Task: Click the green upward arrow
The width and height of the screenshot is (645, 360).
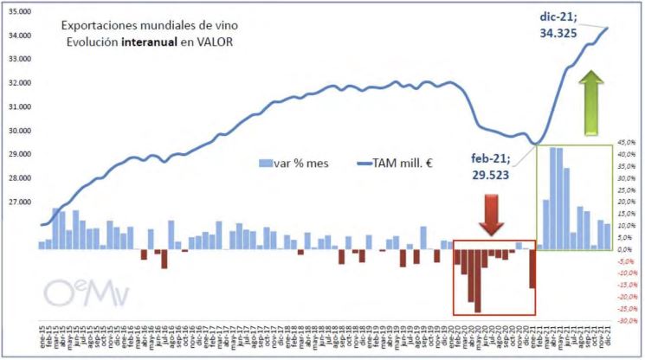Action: pyautogui.click(x=593, y=103)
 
